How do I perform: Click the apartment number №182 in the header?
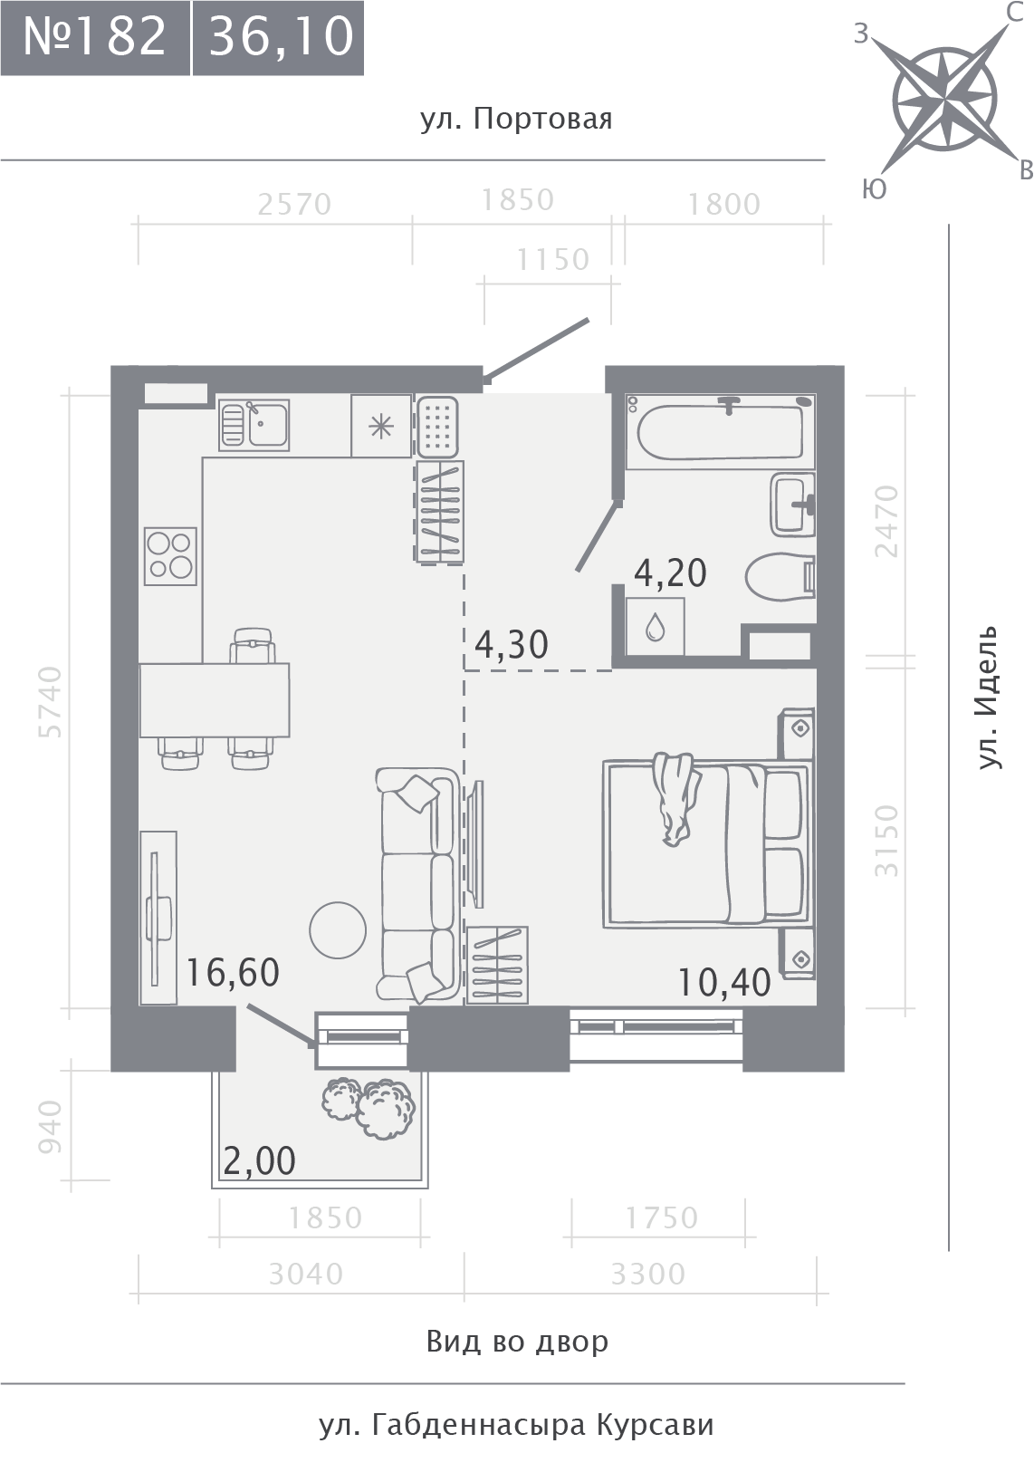coord(94,37)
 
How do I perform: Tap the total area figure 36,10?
coord(281,38)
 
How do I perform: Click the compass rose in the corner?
coord(945,100)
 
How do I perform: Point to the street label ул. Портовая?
coord(516,120)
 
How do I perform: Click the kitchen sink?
coord(254,425)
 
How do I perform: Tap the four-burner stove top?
coord(170,556)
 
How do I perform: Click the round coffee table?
coord(338,930)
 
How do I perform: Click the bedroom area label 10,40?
coord(724,982)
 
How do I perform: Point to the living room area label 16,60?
coord(233,973)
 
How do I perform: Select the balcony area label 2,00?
coord(259,1160)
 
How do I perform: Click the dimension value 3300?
coord(647,1275)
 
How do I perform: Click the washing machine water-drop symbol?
coord(655,627)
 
